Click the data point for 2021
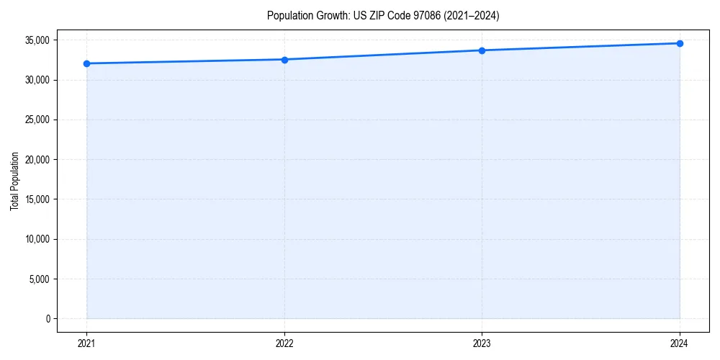coord(86,63)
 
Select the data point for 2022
coord(284,60)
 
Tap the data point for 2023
coord(482,50)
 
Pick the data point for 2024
coord(680,43)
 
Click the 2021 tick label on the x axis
coord(86,343)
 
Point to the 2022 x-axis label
coord(284,343)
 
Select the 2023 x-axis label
coord(482,343)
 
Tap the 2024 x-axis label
coord(680,343)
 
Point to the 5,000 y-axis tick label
coord(40,279)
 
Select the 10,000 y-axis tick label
coord(37,239)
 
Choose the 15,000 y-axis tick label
coord(37,199)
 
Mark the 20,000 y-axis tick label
coord(37,159)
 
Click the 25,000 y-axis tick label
coord(37,120)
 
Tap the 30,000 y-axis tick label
coord(37,80)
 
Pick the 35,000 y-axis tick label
coord(37,40)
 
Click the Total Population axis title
coord(14,181)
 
